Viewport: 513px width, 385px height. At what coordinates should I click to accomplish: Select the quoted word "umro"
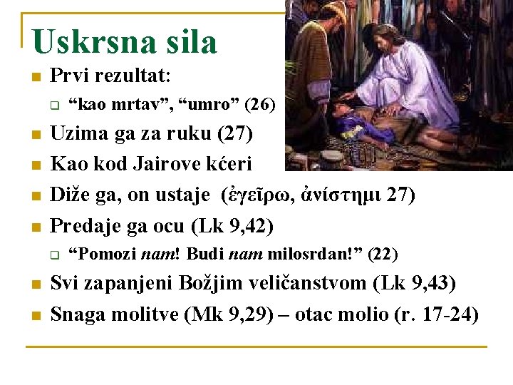pyautogui.click(x=209, y=106)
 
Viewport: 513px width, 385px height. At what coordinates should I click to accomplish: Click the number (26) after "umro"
pyautogui.click(x=259, y=106)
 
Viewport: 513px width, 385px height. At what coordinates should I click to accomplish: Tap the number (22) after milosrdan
pyautogui.click(x=382, y=254)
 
